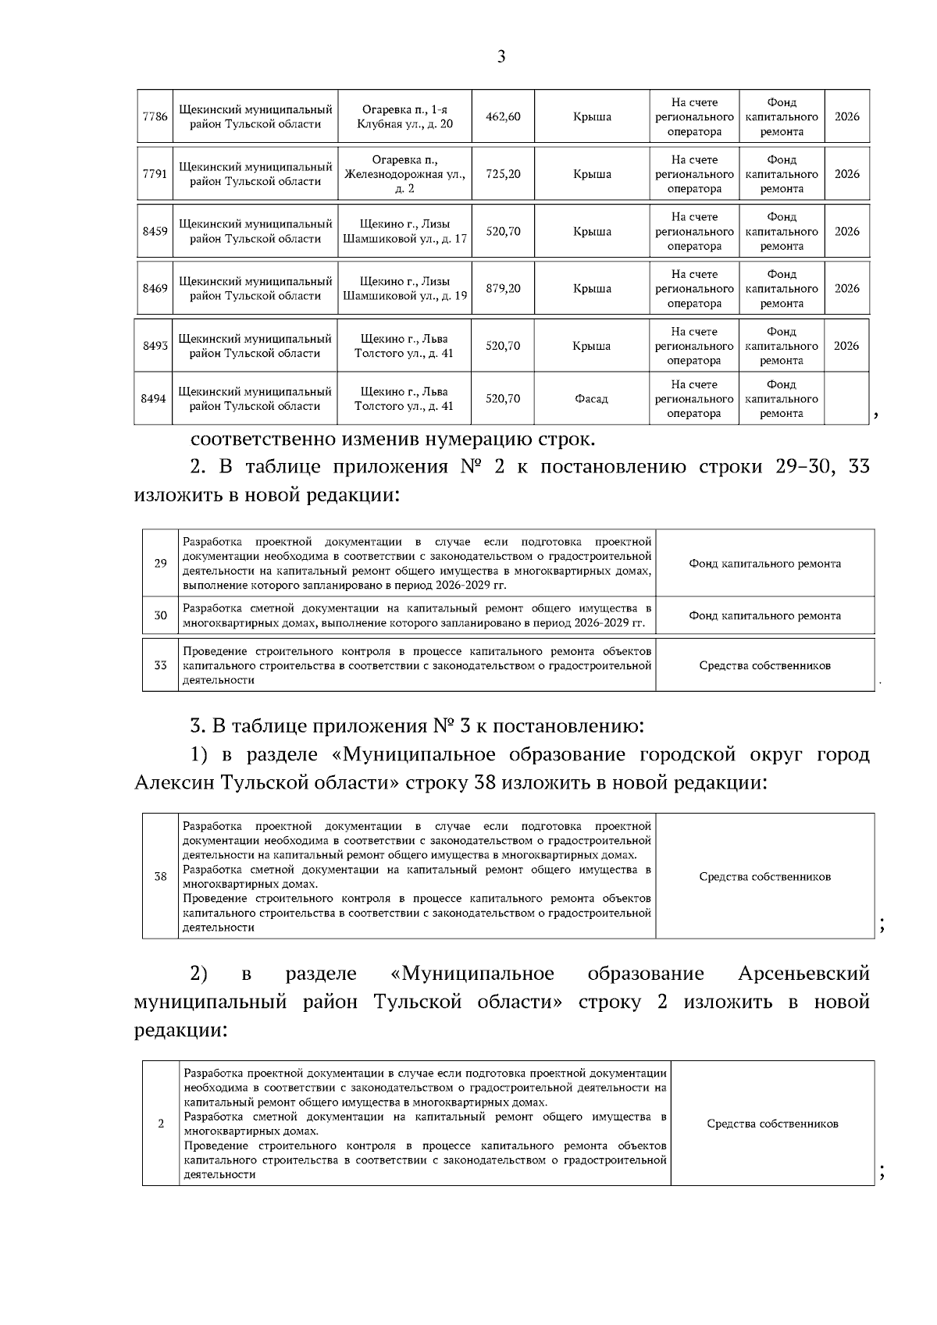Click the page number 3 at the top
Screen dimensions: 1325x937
click(x=501, y=57)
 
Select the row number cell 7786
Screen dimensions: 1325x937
click(x=155, y=117)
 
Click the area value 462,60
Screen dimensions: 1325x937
click(x=503, y=117)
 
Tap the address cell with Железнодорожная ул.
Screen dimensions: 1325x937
click(x=404, y=174)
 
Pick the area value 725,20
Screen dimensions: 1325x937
click(x=503, y=174)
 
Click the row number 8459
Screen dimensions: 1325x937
click(x=155, y=231)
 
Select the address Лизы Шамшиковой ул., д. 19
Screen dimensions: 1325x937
click(x=404, y=289)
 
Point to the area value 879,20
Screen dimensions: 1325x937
click(x=503, y=289)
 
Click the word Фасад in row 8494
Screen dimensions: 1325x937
click(x=591, y=399)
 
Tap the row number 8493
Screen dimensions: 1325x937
click(x=155, y=346)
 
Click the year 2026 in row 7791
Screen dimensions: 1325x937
click(x=846, y=174)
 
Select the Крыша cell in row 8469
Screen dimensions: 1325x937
click(x=592, y=289)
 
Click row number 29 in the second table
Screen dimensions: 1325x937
click(x=160, y=564)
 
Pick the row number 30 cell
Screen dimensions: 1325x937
click(x=160, y=616)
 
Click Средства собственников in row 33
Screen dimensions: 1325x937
click(x=764, y=666)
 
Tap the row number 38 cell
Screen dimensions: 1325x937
click(x=160, y=877)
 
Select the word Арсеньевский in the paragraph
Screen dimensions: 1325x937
click(x=803, y=974)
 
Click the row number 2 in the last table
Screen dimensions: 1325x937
click(x=161, y=1124)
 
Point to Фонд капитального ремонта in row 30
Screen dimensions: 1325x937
click(x=764, y=616)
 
